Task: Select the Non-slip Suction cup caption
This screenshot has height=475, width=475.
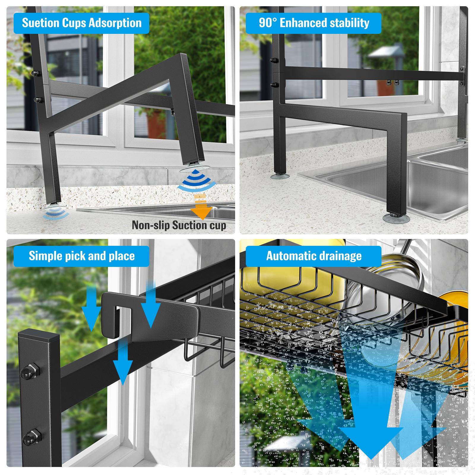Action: (179, 225)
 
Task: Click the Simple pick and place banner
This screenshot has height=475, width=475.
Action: (82, 256)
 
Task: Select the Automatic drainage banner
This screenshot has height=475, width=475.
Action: (314, 256)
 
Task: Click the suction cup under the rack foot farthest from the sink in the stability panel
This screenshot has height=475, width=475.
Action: (280, 176)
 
